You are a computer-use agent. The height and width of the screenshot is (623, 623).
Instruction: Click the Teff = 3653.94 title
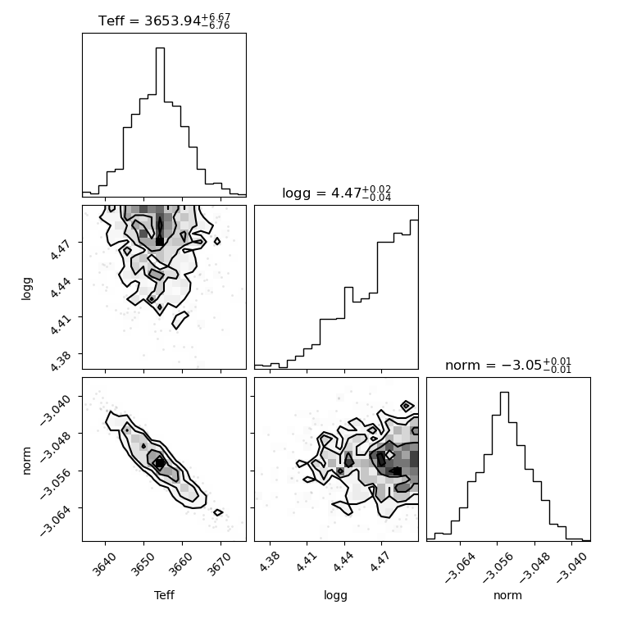click(164, 20)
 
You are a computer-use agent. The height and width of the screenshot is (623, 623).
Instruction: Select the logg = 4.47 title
click(337, 193)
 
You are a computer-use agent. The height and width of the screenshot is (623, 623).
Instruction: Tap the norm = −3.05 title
click(508, 365)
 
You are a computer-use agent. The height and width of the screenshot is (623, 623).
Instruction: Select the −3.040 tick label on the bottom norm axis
click(571, 567)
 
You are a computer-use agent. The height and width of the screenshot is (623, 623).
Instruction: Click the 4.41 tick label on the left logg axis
click(61, 324)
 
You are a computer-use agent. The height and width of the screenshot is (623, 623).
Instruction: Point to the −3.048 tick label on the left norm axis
click(55, 446)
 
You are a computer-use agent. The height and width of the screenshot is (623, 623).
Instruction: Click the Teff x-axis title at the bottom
click(164, 595)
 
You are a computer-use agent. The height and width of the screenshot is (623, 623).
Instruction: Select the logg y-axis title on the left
click(26, 289)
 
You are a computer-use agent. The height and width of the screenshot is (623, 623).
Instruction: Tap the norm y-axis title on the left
click(26, 461)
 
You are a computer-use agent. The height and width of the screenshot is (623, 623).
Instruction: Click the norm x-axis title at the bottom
click(507, 595)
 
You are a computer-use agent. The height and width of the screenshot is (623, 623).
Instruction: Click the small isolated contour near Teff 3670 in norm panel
click(218, 512)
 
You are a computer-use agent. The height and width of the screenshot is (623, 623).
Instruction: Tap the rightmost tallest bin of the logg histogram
click(414, 294)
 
